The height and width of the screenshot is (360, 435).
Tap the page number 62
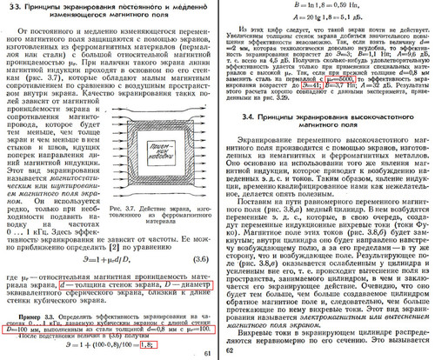pos(229,352)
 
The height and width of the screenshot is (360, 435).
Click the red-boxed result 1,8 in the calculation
pos(125,344)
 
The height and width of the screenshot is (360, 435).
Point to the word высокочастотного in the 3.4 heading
pos(382,137)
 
